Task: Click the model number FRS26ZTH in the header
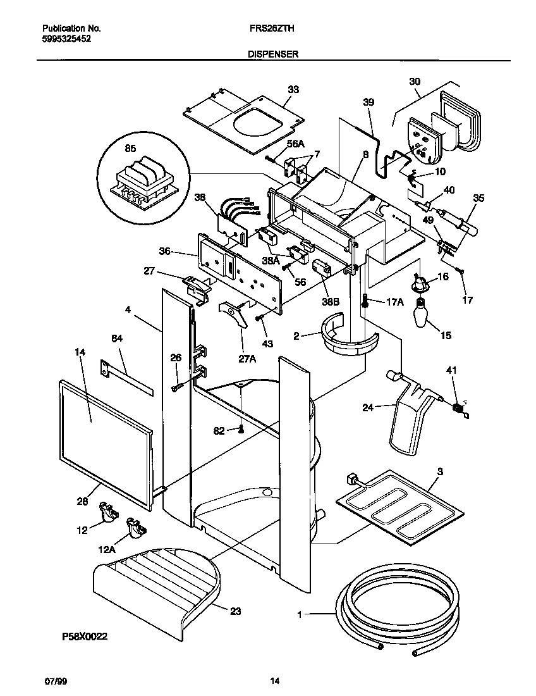pyautogui.click(x=272, y=28)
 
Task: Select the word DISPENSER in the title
pyautogui.click(x=272, y=55)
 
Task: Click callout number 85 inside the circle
pyautogui.click(x=130, y=150)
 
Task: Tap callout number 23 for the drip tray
pyautogui.click(x=235, y=612)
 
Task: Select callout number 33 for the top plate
pyautogui.click(x=293, y=90)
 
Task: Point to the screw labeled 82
pyautogui.click(x=241, y=430)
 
